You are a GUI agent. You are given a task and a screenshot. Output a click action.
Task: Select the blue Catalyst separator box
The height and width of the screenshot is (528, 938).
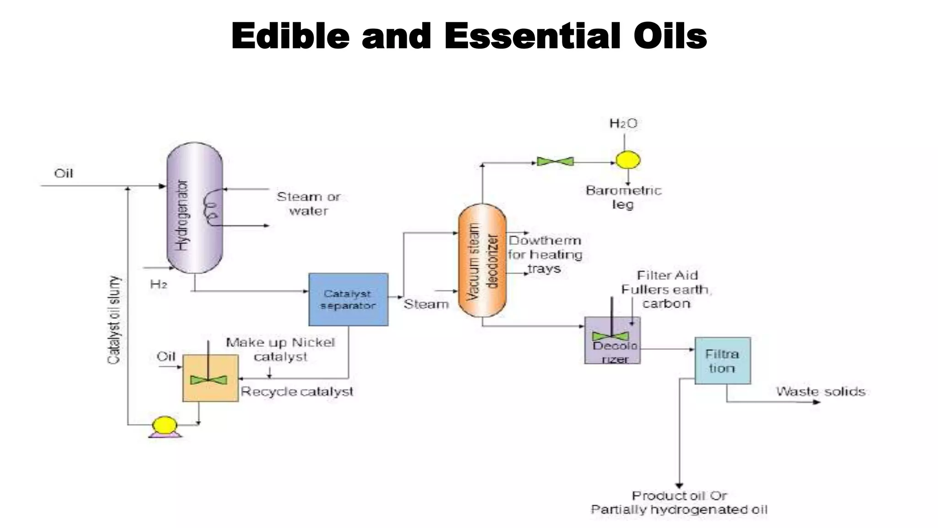(348, 300)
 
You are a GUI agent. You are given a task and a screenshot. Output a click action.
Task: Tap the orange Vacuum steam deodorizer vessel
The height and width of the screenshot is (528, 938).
(482, 260)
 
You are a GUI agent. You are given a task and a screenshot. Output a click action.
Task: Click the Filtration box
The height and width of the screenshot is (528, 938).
(722, 361)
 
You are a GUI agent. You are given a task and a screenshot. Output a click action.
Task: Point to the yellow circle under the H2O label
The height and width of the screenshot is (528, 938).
(627, 160)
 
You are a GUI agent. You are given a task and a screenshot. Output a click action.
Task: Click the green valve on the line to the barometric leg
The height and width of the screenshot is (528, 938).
(555, 161)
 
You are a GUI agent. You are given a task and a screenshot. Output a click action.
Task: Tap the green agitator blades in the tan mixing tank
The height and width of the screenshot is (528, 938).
(208, 380)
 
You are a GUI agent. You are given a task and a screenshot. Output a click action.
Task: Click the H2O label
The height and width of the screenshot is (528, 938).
(623, 123)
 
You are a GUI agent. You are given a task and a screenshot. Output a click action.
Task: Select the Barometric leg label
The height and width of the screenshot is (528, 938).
(623, 197)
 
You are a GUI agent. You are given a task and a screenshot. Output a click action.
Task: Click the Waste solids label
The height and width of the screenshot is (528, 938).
(820, 391)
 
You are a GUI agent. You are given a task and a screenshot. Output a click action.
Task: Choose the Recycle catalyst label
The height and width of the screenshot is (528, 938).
(297, 391)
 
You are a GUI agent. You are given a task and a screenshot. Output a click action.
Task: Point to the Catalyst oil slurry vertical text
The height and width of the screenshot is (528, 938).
(114, 320)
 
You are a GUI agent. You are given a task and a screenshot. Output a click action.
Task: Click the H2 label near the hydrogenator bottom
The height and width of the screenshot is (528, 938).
(158, 285)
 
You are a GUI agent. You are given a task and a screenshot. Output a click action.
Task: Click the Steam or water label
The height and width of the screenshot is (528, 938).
(308, 203)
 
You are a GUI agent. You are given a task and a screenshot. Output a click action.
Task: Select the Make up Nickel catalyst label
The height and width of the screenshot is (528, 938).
(280, 349)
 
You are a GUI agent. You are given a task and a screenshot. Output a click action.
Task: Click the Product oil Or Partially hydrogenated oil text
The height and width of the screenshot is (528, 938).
(679, 502)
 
